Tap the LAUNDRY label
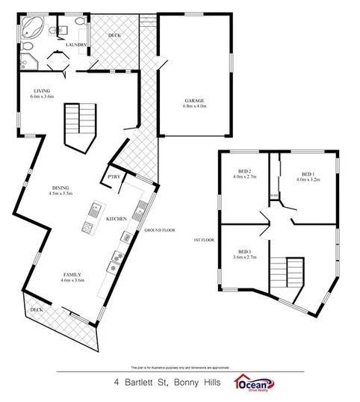tap(77, 45)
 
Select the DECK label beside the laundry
tap(115, 35)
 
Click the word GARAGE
tap(194, 100)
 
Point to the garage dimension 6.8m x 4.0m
tap(194, 107)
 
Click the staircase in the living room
tap(79, 120)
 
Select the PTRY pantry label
tap(114, 176)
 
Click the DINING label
tap(61, 188)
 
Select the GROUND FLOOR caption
tap(159, 230)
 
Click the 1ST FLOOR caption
tap(205, 240)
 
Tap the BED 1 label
tap(306, 173)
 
